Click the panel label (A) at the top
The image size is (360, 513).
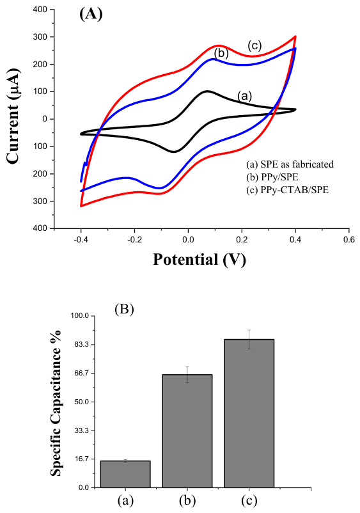(91, 15)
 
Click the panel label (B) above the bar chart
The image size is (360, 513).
(124, 309)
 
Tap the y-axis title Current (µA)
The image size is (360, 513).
(13, 117)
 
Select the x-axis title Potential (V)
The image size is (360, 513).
(200, 260)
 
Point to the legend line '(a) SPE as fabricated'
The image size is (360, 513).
(290, 164)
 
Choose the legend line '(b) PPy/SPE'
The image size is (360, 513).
(272, 177)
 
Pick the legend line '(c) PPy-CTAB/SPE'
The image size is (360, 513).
(287, 190)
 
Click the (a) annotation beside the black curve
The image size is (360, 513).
(244, 96)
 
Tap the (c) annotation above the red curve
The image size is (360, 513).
(254, 45)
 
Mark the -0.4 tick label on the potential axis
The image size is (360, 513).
(81, 239)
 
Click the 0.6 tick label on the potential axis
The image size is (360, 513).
(349, 239)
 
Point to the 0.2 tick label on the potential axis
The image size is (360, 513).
(242, 239)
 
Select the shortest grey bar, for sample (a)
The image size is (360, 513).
(125, 474)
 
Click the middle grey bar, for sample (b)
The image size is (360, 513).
(187, 431)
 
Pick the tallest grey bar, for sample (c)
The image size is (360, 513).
(249, 413)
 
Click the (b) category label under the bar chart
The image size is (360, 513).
(187, 500)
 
